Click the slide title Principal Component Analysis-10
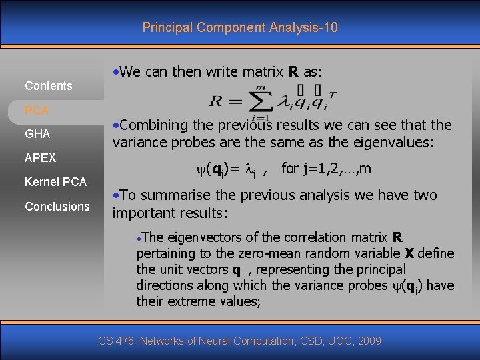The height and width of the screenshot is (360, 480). pyautogui.click(x=240, y=27)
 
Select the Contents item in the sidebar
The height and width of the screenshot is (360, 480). pyautogui.click(x=48, y=85)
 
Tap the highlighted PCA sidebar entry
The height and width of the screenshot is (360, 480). pyautogui.click(x=37, y=109)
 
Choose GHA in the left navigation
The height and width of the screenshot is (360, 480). pyautogui.click(x=37, y=134)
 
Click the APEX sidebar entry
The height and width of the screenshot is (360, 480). pyautogui.click(x=40, y=158)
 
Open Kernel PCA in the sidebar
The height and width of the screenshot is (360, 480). pyautogui.click(x=55, y=182)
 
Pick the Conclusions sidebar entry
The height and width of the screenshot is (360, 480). pyautogui.click(x=57, y=206)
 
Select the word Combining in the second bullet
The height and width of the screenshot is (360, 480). pyautogui.click(x=151, y=125)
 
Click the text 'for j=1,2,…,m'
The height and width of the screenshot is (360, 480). pyautogui.click(x=327, y=168)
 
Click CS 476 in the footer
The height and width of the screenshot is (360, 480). pyautogui.click(x=114, y=341)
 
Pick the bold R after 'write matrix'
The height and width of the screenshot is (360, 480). pyautogui.click(x=291, y=72)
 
